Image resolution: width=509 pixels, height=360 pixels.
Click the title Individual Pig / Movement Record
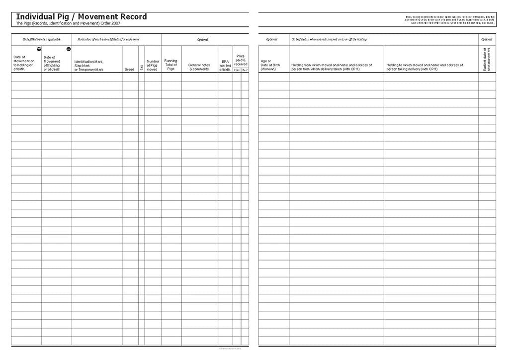(x=82, y=17)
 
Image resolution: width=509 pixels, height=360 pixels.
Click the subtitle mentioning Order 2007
(x=68, y=23)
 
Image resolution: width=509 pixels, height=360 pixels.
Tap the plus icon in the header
(x=39, y=49)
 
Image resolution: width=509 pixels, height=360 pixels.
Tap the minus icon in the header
(x=69, y=49)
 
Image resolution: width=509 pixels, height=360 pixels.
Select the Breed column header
(x=129, y=69)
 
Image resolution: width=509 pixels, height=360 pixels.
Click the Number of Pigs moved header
(x=153, y=65)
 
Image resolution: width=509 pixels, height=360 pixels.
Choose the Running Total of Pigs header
(x=171, y=65)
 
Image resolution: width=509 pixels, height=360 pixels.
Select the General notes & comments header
(x=199, y=67)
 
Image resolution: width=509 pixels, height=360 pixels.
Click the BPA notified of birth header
(x=225, y=65)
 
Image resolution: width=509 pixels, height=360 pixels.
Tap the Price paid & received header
(x=241, y=60)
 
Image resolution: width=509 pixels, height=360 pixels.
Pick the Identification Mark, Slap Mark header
(x=89, y=65)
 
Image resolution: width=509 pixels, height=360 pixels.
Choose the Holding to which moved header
(x=424, y=67)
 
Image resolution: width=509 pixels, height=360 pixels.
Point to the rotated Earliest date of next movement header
(x=487, y=59)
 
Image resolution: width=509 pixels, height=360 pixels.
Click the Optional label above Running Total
(x=202, y=39)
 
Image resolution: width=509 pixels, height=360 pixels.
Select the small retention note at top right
(x=450, y=19)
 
